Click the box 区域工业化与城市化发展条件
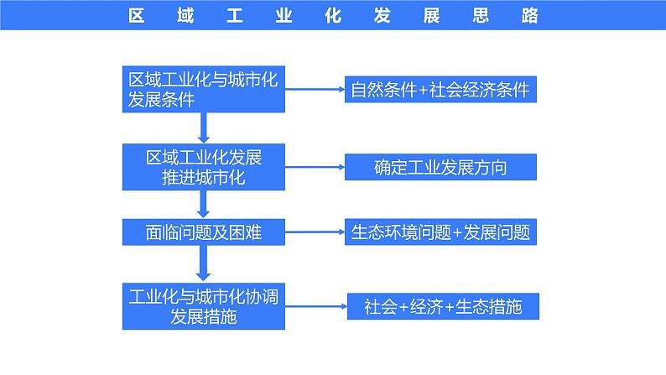coord(204,89)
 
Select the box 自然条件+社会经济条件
coord(440,90)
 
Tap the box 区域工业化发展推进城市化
coord(204,167)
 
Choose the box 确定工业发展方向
coord(440,167)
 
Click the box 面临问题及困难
coord(204,232)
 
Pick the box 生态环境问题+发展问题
coord(440,232)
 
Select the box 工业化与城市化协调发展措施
coord(204,305)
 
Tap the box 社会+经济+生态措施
coord(442,306)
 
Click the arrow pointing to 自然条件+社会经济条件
coord(315,90)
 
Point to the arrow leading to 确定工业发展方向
coord(315,167)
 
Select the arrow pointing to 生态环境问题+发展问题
coord(315,232)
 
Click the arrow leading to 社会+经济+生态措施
coord(317,306)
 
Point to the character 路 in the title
coord(528,15)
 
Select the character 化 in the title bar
coord(333,15)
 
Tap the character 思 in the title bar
coord(479,15)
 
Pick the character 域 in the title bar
coord(187,15)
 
